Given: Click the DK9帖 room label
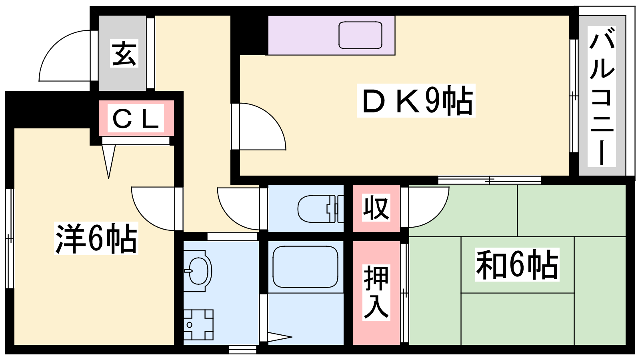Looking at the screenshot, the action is coord(416,100).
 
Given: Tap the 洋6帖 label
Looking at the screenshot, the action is coord(96,238).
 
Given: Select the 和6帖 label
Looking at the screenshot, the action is coord(517,264).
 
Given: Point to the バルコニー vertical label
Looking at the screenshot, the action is coord(602,96).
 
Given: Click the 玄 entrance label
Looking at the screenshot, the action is coord(124,54).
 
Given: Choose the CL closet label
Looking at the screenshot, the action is coord(136,118).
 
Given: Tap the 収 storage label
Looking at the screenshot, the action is coord(376,208).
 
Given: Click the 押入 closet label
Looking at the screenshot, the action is coord(376,292).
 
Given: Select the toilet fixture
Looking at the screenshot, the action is coord(320,208).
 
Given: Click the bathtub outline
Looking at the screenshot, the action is coord(306,267).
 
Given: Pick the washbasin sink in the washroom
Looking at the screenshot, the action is coord(198,271).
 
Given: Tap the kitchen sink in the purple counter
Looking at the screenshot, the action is coord(360,35).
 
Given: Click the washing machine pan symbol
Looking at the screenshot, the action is coord(198,325).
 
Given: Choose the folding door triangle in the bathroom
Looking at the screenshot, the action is coord(280,336).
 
